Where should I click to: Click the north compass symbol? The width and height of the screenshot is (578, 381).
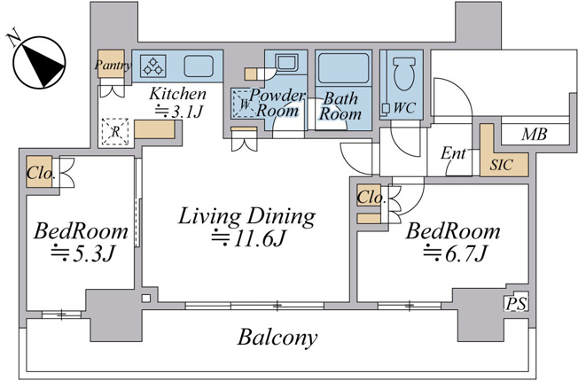pos(39,62)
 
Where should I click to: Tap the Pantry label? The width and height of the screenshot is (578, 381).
pos(113,66)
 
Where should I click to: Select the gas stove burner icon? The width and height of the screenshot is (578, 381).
pos(153,66)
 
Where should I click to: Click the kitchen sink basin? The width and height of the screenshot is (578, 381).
pos(199,66)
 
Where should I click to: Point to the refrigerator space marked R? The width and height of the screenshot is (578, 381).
pos(115,131)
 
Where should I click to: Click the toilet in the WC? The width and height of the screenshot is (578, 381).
pos(404,74)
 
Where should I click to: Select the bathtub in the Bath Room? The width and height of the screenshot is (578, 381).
pos(343,68)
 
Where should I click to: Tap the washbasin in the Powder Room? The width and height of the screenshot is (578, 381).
pos(287,62)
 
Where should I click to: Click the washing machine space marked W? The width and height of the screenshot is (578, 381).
pos(243,105)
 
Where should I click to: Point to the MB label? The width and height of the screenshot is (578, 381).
pos(535,135)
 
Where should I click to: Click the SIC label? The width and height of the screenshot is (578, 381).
pos(501,165)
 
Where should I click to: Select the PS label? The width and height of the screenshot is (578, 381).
pos(516,304)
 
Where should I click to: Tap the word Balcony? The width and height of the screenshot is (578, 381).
pos(277,338)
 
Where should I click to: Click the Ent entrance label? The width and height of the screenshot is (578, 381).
pos(453,153)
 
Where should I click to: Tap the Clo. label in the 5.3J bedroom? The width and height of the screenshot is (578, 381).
pos(41,173)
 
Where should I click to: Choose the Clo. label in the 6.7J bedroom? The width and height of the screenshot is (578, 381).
pos(371,198)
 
